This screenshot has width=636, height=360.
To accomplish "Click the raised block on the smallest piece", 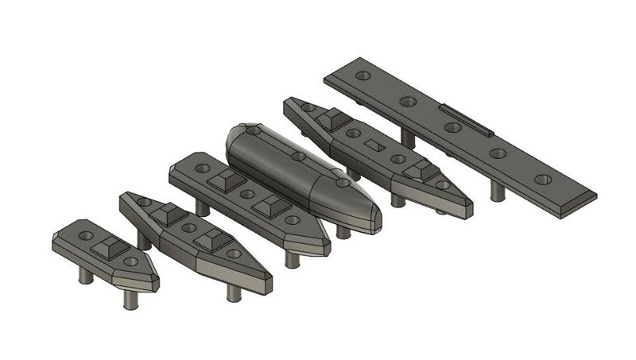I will (x=107, y=248).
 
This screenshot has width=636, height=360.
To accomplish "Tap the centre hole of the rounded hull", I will (x=297, y=157).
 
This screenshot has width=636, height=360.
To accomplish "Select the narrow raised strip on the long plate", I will (x=466, y=118).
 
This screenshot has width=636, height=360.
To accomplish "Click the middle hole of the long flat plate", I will (x=453, y=127).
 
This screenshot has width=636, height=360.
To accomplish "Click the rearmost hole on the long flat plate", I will (x=363, y=76).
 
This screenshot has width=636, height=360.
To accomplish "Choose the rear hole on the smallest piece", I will (x=86, y=236).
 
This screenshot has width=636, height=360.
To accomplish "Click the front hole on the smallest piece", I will (x=130, y=261).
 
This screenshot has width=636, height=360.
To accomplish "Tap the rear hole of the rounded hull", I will (x=253, y=129).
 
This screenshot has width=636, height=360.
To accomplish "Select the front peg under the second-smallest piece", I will (x=233, y=292).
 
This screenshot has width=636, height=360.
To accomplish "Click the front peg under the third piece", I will (x=293, y=259).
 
